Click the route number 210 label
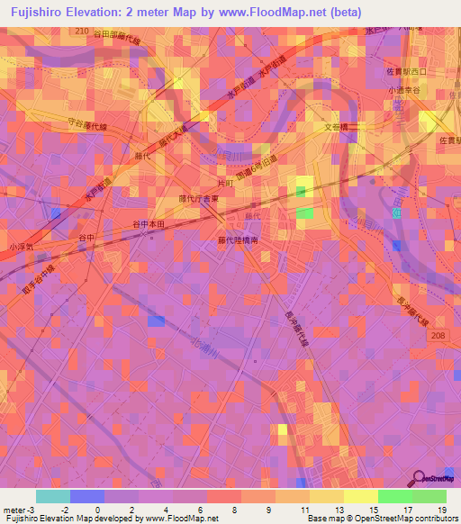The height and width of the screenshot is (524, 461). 83,31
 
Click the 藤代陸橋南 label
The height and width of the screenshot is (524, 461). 239,241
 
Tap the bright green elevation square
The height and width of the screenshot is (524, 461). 305,213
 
